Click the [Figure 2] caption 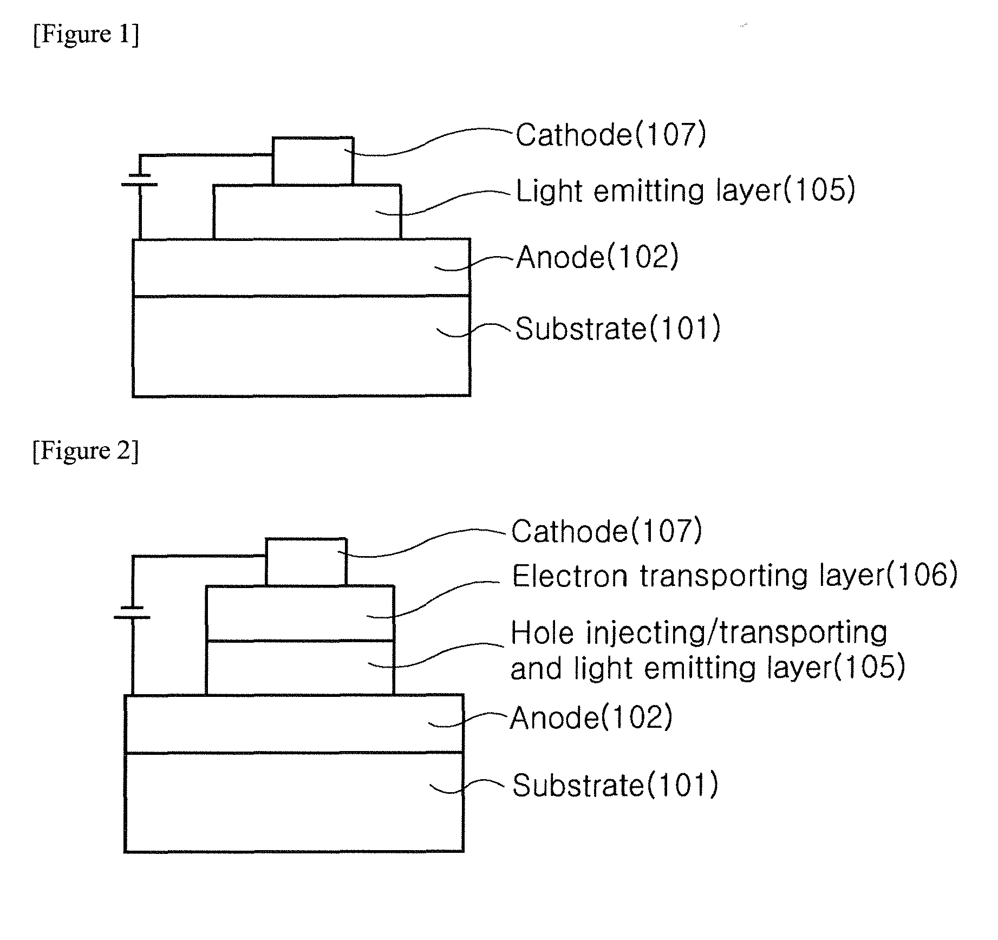point(86,451)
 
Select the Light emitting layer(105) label point(685,191)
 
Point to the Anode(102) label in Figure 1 point(597,257)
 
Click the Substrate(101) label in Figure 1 point(617,329)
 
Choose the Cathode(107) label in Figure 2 point(606,531)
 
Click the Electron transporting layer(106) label point(735,576)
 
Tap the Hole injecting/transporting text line point(699,632)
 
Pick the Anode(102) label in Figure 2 point(591,718)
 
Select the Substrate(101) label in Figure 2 point(615,785)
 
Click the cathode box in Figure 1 point(313,161)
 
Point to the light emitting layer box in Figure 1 point(307,212)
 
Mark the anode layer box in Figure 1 point(301,267)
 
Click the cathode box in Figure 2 point(306,562)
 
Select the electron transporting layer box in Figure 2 point(300,613)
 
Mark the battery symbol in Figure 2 point(132,612)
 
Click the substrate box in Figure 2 point(294,802)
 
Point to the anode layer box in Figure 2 point(294,723)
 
